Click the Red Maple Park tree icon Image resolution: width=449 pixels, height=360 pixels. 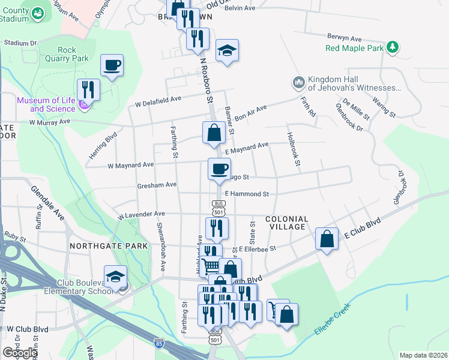(x=393, y=47)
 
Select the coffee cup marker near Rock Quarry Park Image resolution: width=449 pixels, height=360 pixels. (x=112, y=65)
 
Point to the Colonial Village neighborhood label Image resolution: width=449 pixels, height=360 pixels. (x=286, y=223)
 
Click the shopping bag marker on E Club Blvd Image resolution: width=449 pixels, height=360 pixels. (x=325, y=239)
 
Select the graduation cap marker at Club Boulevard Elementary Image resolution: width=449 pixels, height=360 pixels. (x=115, y=277)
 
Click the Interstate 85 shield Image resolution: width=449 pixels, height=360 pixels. (x=158, y=344)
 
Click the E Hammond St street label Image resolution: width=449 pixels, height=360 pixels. (x=247, y=194)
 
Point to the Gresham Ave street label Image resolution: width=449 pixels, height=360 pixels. (x=157, y=185)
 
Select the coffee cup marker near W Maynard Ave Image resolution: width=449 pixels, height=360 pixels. (x=219, y=169)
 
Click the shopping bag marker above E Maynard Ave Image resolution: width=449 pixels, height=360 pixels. (x=214, y=133)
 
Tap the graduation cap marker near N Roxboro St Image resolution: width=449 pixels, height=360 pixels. (x=228, y=50)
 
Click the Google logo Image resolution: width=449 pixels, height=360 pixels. (x=19, y=352)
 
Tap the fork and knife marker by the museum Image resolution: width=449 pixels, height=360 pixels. (x=89, y=89)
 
